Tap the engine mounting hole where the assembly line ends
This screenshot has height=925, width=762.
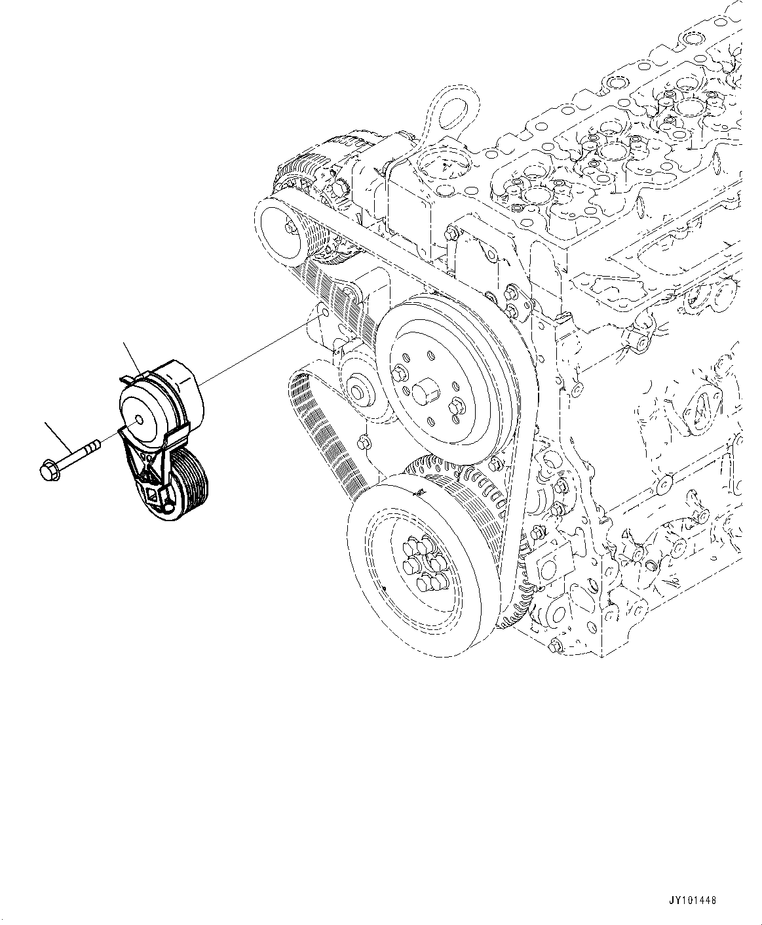[x=321, y=315]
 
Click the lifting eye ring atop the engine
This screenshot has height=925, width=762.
[x=454, y=111]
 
